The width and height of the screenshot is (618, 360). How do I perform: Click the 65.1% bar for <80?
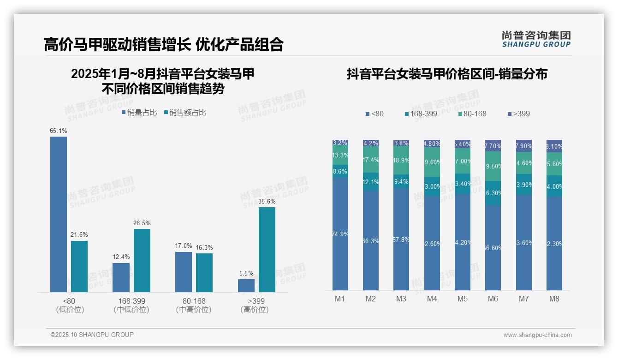click(59, 214)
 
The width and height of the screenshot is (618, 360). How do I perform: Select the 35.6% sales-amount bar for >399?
click(267, 249)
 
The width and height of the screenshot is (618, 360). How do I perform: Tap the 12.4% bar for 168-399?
click(121, 277)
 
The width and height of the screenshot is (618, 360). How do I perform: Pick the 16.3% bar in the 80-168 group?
click(204, 272)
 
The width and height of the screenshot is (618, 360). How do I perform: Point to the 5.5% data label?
click(246, 273)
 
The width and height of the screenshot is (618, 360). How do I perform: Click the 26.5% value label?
click(142, 223)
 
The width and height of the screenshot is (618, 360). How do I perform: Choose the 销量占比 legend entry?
click(139, 113)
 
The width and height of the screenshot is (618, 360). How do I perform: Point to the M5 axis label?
click(462, 299)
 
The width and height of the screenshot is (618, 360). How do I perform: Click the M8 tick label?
click(554, 299)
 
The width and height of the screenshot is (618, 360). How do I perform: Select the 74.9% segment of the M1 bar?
click(340, 234)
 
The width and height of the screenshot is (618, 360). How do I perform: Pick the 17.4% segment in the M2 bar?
click(371, 160)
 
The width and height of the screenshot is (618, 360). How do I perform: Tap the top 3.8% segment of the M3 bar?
click(401, 143)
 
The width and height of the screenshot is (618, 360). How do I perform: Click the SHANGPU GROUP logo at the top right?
click(536, 39)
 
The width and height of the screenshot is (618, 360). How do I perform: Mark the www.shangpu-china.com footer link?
click(537, 335)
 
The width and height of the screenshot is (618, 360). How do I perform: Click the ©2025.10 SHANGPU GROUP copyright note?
click(92, 335)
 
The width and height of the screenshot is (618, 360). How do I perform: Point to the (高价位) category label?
click(254, 310)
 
